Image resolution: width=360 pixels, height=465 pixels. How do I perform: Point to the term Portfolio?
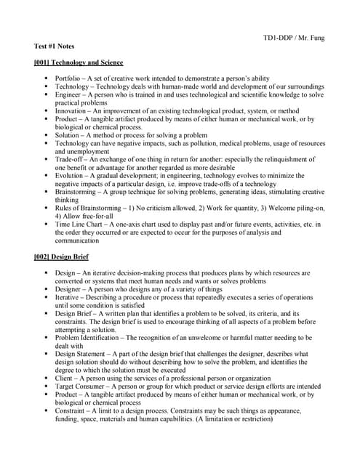pyautogui.click(x=68, y=78)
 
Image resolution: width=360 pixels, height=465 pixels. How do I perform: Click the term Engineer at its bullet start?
pyautogui.click(x=69, y=94)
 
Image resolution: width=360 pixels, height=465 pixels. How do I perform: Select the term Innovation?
pyautogui.click(x=71, y=111)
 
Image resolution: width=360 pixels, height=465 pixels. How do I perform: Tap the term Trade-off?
pyautogui.click(x=70, y=159)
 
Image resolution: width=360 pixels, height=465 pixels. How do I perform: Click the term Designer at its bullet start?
pyautogui.click(x=70, y=288)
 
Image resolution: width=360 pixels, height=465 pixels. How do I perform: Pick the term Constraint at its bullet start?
pyautogui.click(x=71, y=411)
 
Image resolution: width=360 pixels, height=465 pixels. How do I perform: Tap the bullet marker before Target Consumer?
pyautogui.click(x=46, y=387)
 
